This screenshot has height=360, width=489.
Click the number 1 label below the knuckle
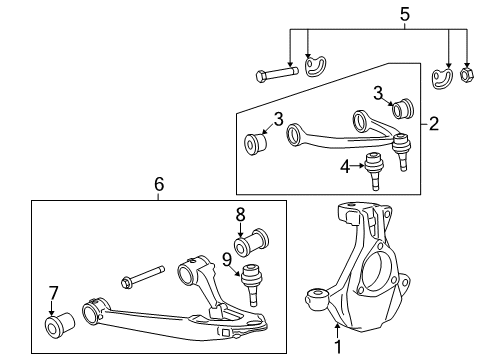coord(337,349)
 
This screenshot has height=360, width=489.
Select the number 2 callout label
coord(433,125)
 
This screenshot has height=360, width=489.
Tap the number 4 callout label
coord(344,166)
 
